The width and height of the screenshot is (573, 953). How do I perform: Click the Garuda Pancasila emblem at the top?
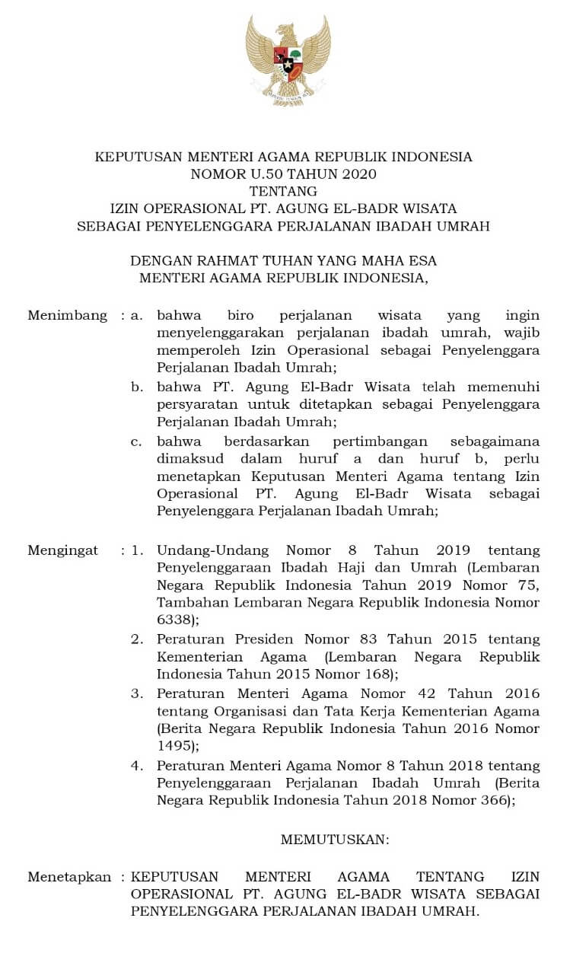[288, 60]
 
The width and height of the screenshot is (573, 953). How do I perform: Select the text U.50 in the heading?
[261, 174]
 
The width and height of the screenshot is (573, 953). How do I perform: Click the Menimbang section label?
[67, 315]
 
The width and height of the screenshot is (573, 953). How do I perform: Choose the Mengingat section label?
[62, 550]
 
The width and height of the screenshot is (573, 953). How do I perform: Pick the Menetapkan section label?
[69, 876]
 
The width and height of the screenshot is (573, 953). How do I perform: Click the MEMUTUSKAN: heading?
[335, 840]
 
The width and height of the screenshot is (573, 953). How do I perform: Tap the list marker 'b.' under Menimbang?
[137, 387]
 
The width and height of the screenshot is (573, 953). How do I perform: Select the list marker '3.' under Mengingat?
[137, 693]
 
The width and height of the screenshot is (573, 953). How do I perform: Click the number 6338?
[173, 620]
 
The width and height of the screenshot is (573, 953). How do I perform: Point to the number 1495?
[173, 746]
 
